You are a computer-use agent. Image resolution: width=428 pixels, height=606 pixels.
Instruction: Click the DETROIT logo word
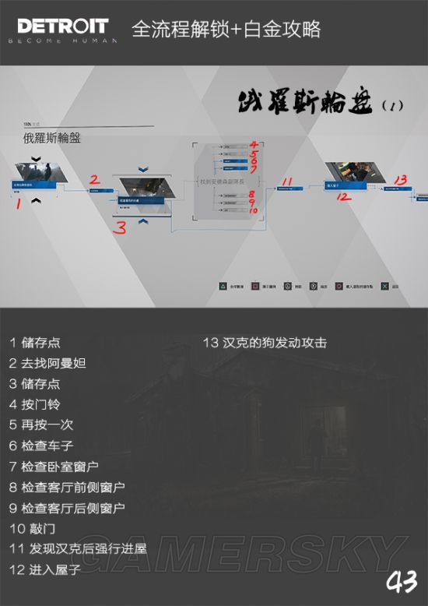(53, 25)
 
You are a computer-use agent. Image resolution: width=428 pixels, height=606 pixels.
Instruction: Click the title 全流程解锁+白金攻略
(226, 30)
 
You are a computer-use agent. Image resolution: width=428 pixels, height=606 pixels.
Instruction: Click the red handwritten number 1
(18, 204)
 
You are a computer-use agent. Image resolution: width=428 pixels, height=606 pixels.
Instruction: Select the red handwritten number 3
(120, 227)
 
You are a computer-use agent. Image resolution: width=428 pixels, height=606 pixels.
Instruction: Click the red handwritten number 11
(286, 181)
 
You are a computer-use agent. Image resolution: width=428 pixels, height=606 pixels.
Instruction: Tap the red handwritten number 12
(342, 197)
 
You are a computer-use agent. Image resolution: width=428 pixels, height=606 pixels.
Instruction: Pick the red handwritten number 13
(400, 180)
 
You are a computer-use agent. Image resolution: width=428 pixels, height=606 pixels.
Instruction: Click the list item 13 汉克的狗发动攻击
(265, 343)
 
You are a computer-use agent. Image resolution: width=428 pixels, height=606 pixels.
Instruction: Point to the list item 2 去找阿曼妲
(47, 363)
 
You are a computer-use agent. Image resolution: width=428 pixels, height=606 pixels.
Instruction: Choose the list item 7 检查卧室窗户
(54, 467)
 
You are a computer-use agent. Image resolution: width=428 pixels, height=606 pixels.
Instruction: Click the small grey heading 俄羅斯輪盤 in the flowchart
(53, 139)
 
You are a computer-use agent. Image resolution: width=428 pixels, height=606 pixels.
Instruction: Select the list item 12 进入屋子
(45, 569)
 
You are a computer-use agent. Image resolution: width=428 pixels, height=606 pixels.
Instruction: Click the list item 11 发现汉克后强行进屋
(78, 548)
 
